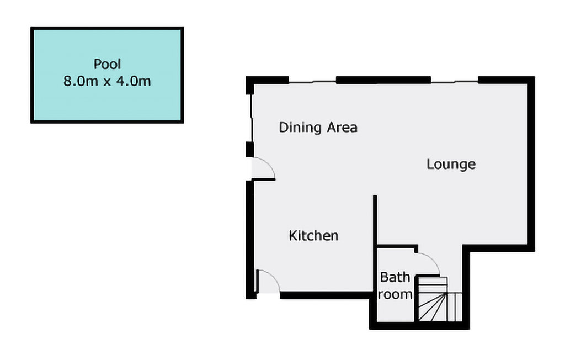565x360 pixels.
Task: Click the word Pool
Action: pos(107,64)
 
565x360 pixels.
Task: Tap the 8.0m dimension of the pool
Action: pos(81,81)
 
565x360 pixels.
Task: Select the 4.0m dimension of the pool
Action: pos(134,81)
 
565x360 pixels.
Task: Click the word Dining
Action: pos(300,128)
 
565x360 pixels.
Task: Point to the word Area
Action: pos(342,128)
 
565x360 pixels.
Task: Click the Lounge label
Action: pos(451,165)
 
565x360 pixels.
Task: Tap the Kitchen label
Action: pos(313,236)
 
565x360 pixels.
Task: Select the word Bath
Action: pos(395,277)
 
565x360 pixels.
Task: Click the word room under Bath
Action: pos(395,294)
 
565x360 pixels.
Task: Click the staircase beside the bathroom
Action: pos(433,299)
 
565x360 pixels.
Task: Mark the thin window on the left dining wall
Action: pos(251,118)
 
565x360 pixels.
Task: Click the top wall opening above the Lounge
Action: pos(455,82)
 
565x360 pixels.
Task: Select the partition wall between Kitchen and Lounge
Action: pos(375,221)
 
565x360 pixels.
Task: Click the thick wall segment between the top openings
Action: pos(383,80)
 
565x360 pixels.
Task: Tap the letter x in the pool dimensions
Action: pos(107,82)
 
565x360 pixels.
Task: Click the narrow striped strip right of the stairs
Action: pos(455,307)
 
